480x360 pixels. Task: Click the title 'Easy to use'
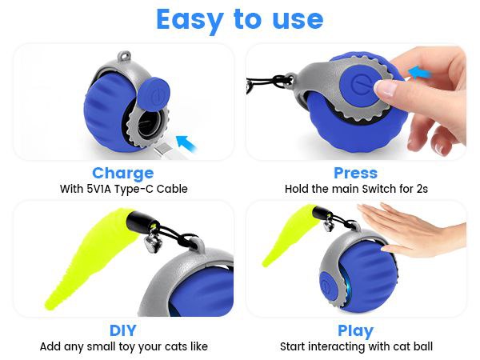tap(239, 19)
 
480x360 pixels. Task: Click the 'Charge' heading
tap(122, 173)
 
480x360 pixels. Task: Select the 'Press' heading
tap(356, 173)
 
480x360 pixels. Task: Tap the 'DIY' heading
tap(122, 330)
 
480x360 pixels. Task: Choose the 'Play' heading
tap(356, 330)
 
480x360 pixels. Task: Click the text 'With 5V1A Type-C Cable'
tap(123, 190)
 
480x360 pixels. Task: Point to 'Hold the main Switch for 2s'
tap(356, 190)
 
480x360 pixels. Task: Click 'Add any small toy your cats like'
tap(123, 347)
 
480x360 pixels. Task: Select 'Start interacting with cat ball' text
tap(356, 347)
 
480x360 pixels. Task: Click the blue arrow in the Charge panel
tap(186, 143)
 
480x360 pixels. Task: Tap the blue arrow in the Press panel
tap(419, 73)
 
